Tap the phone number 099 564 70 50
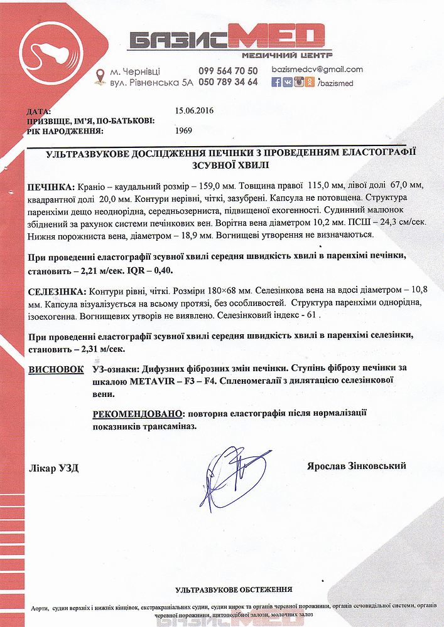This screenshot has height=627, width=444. (228, 71)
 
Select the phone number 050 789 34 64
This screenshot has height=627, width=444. (228, 82)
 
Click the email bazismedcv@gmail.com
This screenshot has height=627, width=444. (317, 70)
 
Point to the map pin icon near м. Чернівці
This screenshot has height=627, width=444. (99, 76)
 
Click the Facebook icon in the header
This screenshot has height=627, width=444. (276, 82)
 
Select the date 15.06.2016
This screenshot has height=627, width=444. (195, 110)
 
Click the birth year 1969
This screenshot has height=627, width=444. (184, 131)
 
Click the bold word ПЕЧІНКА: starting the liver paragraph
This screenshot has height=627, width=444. (50, 188)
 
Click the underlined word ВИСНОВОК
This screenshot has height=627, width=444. (56, 370)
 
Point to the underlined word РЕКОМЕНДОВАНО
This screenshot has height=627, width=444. (139, 414)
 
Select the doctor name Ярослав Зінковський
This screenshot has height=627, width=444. (357, 466)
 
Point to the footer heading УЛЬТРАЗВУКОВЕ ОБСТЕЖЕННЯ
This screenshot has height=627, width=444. (234, 590)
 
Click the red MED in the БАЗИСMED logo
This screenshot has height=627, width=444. (277, 39)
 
